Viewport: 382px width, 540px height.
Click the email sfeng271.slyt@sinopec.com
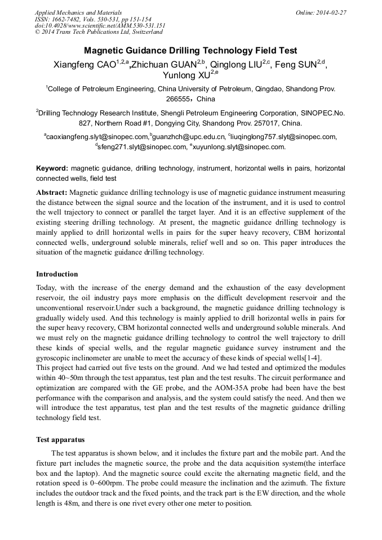click(143, 147)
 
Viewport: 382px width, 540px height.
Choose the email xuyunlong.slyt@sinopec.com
click(240, 147)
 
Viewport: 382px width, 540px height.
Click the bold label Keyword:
click(52, 168)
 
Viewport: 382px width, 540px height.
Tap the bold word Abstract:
click(52, 193)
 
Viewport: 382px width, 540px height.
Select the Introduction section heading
click(57, 274)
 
